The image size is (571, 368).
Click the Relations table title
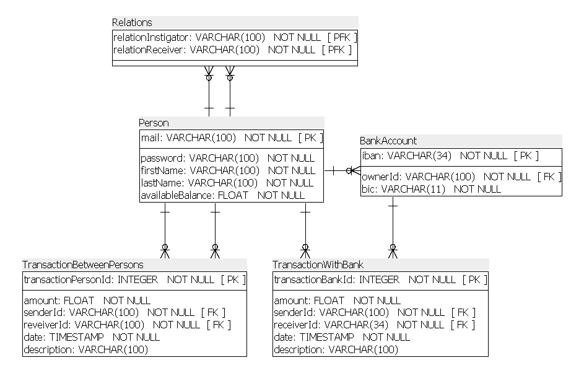[x=132, y=22]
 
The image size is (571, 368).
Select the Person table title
[x=154, y=123]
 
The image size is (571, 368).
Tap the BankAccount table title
[x=388, y=141]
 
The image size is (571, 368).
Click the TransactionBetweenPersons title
[x=83, y=265]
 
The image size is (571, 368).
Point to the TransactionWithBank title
[x=318, y=265]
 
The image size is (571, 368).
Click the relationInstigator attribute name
[x=150, y=38]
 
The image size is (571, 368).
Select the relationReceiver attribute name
[x=148, y=50]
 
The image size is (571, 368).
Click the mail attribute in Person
[x=150, y=138]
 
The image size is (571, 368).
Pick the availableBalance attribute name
[x=177, y=195]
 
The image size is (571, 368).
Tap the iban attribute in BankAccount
[x=371, y=156]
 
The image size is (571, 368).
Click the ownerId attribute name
[x=380, y=177]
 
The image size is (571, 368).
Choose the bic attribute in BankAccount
[x=368, y=189]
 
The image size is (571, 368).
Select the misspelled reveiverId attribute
[x=46, y=325]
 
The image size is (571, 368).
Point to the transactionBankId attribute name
[x=313, y=279]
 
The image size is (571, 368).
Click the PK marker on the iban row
[x=526, y=156]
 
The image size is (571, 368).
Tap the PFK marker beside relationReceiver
[x=337, y=50]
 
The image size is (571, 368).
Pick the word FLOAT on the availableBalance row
[x=233, y=195]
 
